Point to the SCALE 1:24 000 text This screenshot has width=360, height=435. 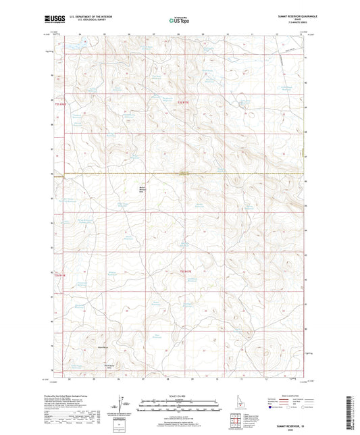(x=180, y=395)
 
